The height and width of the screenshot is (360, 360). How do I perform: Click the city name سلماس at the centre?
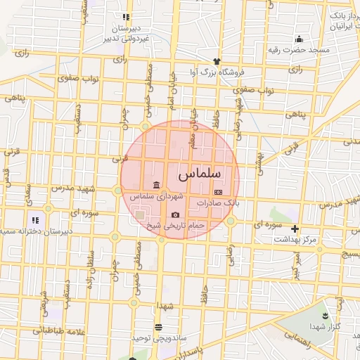coord(200,172)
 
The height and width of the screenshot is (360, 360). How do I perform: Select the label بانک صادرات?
coord(218,202)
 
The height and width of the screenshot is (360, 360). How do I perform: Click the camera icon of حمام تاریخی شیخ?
coord(175,214)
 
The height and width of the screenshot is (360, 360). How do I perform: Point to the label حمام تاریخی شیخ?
coord(175,226)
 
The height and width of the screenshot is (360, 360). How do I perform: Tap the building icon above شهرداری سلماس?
coord(155,185)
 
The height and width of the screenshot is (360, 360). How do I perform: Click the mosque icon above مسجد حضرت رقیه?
coord(299,39)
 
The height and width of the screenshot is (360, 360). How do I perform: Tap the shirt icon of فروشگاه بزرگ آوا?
coord(217,61)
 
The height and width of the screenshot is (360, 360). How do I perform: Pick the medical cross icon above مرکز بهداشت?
coord(295,229)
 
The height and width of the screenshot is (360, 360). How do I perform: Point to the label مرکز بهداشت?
coord(297,240)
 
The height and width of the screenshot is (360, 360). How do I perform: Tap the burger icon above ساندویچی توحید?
coord(158,327)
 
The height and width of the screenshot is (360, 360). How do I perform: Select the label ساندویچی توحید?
coord(158,337)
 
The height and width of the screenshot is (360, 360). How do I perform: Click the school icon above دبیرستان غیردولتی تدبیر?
coord(125,17)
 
